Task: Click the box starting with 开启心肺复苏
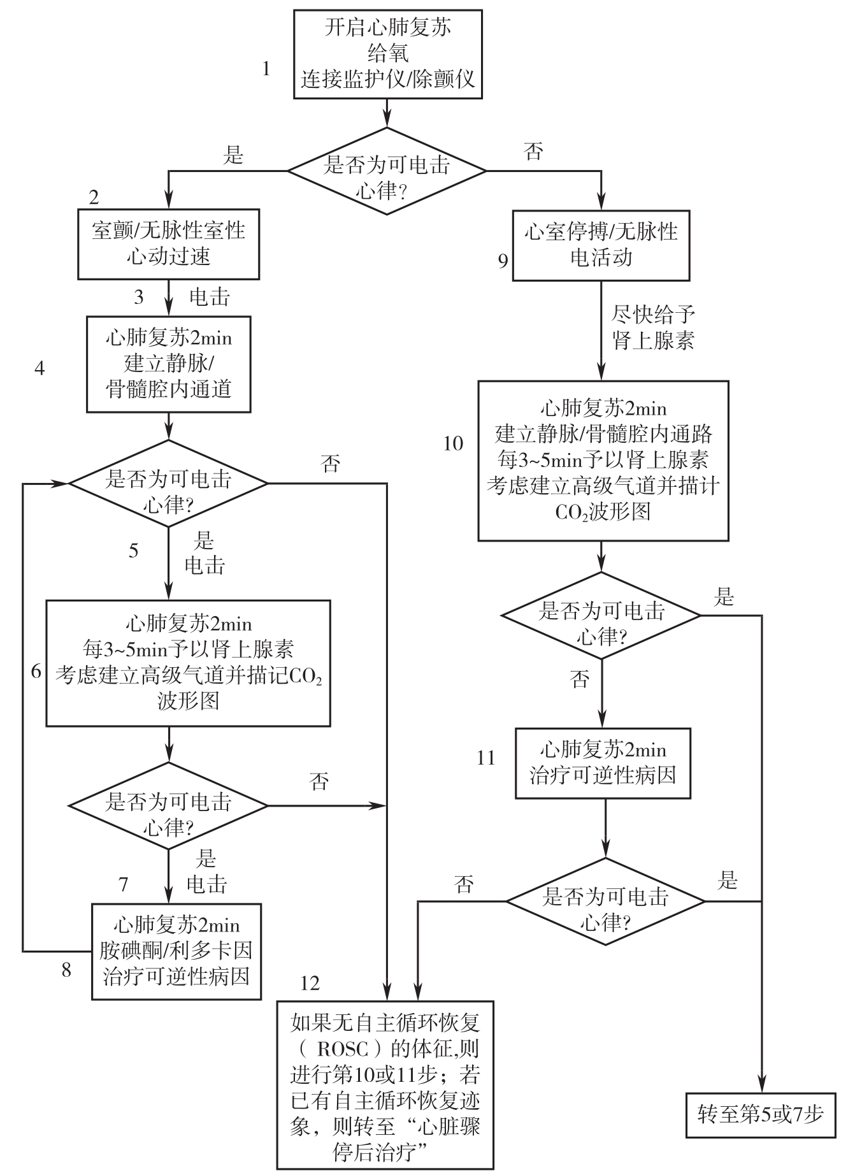pos(387,54)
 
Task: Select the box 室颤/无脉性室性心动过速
pos(168,243)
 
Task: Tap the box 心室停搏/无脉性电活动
pos(601,245)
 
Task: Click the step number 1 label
pos(266,69)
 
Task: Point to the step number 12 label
pos(310,983)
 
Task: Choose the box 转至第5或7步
pos(760,1114)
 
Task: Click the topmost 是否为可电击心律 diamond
pos(387,171)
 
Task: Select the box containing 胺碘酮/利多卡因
pos(176,951)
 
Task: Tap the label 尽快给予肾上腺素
pos(653,327)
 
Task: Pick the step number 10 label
pos(453,443)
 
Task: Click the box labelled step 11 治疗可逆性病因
pos(603,763)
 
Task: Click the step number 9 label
pos(503,261)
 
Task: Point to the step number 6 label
pos(36,671)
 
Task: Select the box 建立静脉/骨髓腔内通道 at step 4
pos(168,364)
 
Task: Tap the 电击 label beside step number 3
pos(210,297)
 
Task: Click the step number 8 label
pos(66,970)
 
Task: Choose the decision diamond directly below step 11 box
pos(605,901)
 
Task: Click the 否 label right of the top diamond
pos(533,152)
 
